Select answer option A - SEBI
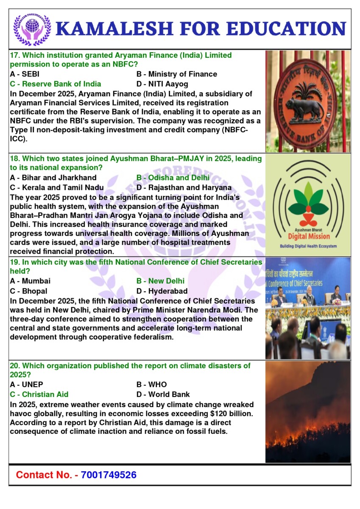tap(25, 74)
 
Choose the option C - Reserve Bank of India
tap(55, 84)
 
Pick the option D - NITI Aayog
tap(162, 84)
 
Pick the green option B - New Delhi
tap(160, 281)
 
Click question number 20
tap(14, 366)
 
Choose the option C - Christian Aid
tap(39, 394)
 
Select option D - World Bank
tap(163, 394)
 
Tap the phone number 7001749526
tap(109, 475)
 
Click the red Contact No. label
tap(47, 475)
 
